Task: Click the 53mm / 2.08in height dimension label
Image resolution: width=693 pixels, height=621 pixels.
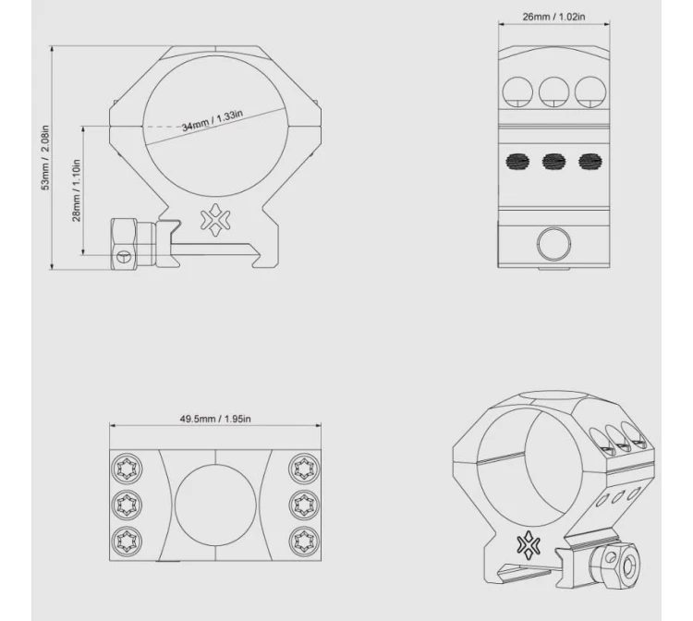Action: (45, 157)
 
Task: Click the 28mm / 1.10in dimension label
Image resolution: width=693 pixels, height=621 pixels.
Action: (76, 190)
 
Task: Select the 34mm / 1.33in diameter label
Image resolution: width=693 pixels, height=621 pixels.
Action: (213, 120)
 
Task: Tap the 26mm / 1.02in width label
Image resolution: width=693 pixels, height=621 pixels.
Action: (553, 17)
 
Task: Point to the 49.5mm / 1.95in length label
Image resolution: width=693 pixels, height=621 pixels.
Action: (215, 419)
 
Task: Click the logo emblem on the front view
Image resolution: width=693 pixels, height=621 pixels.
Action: (215, 219)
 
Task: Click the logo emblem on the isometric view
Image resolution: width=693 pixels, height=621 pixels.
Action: (529, 546)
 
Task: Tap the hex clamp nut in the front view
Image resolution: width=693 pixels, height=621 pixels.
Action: (125, 243)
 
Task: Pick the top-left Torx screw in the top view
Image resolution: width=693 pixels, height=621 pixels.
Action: (128, 469)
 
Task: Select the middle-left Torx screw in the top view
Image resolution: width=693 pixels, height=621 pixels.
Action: (128, 505)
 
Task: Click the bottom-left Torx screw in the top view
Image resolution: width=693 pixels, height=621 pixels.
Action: (128, 540)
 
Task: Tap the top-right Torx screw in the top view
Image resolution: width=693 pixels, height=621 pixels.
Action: (304, 469)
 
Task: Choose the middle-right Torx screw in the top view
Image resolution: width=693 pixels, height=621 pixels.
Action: (304, 505)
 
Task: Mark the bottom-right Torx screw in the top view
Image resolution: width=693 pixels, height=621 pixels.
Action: (304, 540)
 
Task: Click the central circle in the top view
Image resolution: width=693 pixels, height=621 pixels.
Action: (215, 505)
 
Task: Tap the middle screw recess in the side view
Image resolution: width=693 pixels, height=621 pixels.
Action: (553, 91)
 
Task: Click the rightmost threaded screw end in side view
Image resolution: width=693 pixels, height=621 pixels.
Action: (590, 162)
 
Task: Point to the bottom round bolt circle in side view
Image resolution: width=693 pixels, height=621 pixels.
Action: (553, 244)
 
